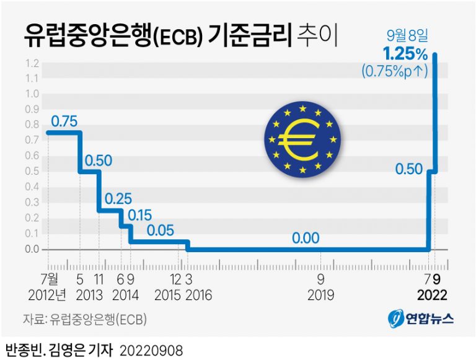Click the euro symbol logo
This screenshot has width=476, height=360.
point(302,139)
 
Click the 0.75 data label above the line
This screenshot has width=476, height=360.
point(63,121)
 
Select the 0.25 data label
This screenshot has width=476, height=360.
point(118,200)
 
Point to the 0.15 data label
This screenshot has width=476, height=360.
point(140,215)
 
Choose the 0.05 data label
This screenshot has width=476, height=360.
point(161,230)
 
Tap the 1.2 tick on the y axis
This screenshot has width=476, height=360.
point(32,63)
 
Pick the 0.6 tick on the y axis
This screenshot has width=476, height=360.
point(32,156)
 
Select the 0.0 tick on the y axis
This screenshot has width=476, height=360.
point(32,250)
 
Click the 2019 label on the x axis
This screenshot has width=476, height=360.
point(321,294)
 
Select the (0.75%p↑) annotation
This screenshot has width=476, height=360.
point(395,71)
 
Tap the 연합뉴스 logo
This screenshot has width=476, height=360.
point(421,319)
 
